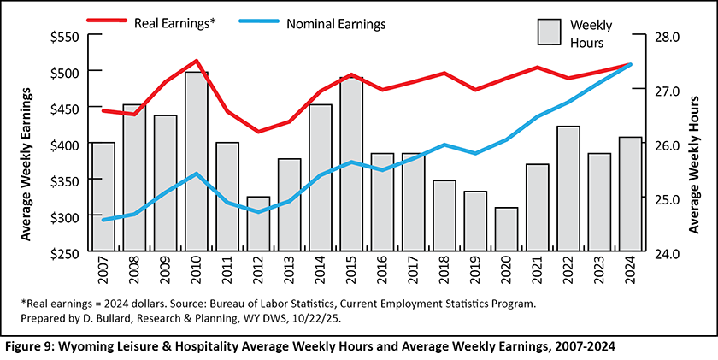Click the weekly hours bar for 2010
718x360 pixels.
coord(197,162)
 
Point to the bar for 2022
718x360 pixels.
coord(568,190)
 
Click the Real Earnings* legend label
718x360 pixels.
coord(174,22)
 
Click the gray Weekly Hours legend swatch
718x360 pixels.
coord(547,32)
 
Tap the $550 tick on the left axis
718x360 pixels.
coord(65,37)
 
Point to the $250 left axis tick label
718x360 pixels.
coord(65,254)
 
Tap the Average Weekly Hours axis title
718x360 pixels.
coord(695,145)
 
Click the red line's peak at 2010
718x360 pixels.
coord(197,61)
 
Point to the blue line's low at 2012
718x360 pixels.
coord(258,211)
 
